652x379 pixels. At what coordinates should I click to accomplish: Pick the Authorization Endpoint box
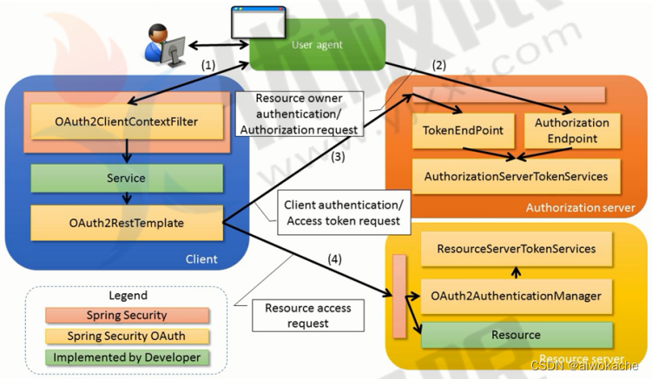571,129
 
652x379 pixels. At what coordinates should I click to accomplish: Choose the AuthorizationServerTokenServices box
516,176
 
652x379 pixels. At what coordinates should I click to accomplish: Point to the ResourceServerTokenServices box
516,249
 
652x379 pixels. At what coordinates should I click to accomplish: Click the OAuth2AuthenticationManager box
516,296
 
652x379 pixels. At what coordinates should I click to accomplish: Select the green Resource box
516,335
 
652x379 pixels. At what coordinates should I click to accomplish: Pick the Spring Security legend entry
127,316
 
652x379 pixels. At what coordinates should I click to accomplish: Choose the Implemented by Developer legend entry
127,357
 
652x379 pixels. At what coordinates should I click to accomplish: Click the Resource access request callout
297,315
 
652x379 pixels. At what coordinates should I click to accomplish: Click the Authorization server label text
579,207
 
